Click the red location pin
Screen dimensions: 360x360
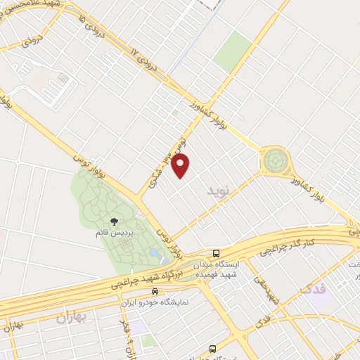click(x=181, y=166)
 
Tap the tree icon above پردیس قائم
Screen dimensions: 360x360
click(x=113, y=220)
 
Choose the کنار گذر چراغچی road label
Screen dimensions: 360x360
click(x=288, y=244)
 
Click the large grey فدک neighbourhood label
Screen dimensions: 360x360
click(x=313, y=289)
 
